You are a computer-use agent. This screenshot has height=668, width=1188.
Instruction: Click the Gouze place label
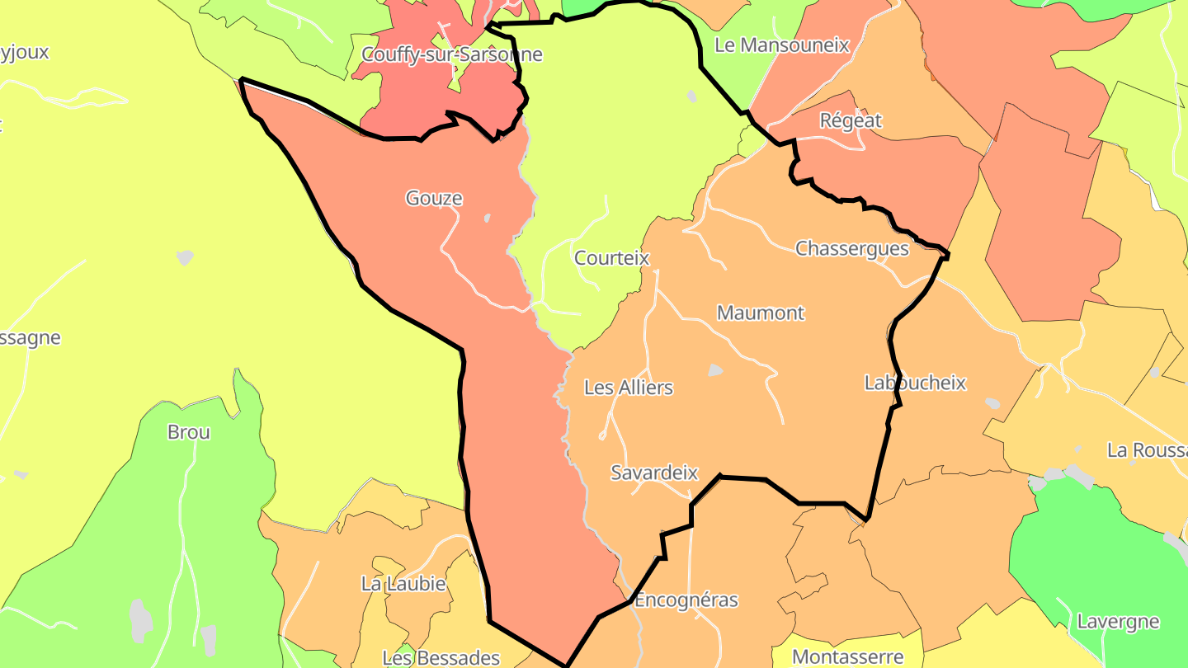click(x=434, y=198)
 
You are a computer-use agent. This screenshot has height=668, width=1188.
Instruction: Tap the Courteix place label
click(x=611, y=258)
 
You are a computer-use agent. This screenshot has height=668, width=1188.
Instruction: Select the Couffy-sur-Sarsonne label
click(x=452, y=54)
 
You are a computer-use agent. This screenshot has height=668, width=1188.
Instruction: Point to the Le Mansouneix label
click(x=781, y=45)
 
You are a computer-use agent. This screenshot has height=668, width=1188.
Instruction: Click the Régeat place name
click(x=851, y=121)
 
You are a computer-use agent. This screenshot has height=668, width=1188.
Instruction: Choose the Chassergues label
click(x=851, y=248)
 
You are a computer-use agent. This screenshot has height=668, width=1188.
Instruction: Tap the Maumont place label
click(x=761, y=313)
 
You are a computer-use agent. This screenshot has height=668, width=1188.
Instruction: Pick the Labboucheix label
click(x=915, y=383)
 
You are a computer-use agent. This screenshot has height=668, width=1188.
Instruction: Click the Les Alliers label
click(x=629, y=388)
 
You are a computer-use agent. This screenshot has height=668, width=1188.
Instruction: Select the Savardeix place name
click(x=654, y=473)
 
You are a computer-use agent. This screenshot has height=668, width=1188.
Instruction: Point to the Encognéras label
click(x=686, y=600)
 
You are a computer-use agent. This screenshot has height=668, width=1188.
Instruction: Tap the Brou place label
click(x=189, y=432)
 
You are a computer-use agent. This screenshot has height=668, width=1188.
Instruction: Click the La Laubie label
click(x=403, y=585)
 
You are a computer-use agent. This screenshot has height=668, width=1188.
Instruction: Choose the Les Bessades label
click(x=441, y=658)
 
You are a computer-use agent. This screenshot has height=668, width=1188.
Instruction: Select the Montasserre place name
click(x=847, y=657)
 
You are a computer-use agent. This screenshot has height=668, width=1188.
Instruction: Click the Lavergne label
click(x=1119, y=622)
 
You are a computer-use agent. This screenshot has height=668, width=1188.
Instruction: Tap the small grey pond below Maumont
click(x=715, y=371)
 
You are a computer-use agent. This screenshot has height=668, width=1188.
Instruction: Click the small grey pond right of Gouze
click(x=487, y=219)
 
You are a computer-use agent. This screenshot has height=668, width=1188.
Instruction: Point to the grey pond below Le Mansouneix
click(x=691, y=96)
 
